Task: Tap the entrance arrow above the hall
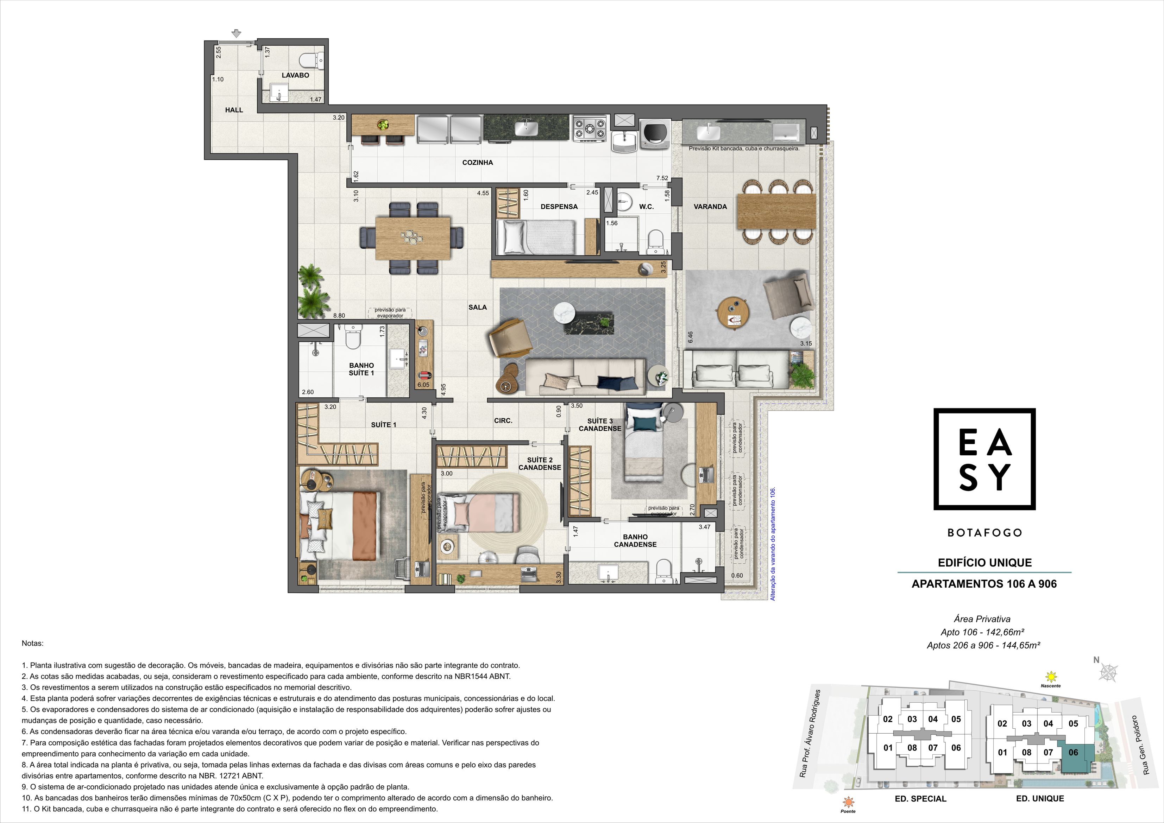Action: [x=236, y=34]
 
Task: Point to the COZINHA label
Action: [x=478, y=163]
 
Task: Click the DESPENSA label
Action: [x=559, y=207]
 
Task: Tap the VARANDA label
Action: [x=710, y=207]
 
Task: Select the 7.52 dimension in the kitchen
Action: [x=662, y=178]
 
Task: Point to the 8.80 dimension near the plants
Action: [x=339, y=316]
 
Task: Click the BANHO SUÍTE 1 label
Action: [x=361, y=369]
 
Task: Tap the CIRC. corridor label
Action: [x=503, y=420]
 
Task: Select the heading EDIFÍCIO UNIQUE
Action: [x=984, y=563]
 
